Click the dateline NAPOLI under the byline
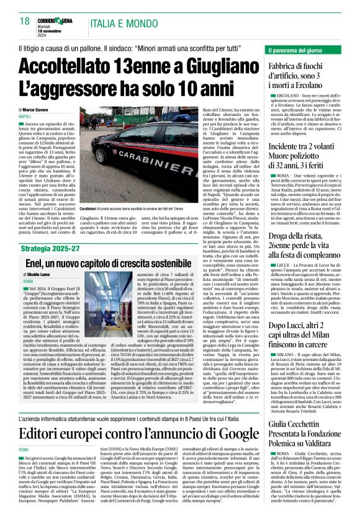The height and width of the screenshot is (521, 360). coord(25,116)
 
